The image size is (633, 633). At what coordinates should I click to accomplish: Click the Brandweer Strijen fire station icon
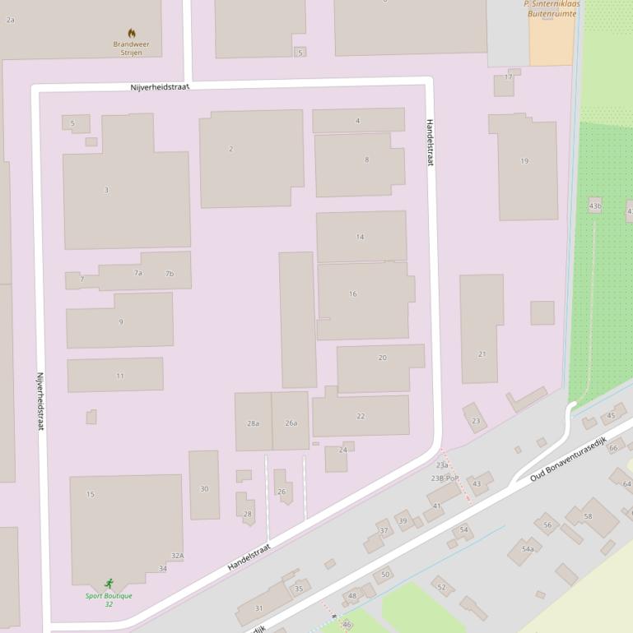pos(132,34)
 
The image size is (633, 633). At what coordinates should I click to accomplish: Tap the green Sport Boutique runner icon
pos(109,584)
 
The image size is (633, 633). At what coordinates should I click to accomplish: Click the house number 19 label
pos(524,161)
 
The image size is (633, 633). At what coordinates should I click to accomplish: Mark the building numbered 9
pos(120,321)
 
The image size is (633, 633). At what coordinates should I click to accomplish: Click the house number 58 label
pos(588,516)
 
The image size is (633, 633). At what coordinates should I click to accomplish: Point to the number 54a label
pos(528,549)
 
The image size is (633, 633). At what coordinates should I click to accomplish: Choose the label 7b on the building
pos(170,274)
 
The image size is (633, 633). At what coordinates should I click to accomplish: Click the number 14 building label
pos(360,237)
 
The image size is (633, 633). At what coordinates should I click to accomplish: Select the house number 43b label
pos(595,206)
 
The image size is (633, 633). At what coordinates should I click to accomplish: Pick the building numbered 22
pos(361,416)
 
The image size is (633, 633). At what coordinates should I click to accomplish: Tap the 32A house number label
pos(177,556)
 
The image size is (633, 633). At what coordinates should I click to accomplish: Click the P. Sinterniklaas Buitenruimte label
pos(552,8)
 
